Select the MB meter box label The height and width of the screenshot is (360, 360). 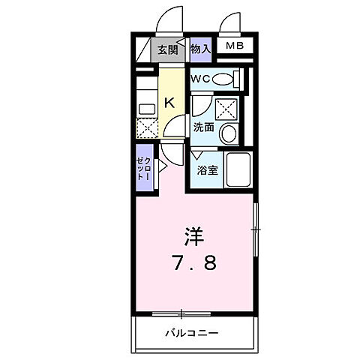coord(235,46)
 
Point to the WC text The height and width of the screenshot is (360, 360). coord(199,79)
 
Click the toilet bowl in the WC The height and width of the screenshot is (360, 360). coord(224,79)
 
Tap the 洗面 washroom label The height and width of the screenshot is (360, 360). coord(203,127)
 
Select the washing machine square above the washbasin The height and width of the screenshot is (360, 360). coord(226,109)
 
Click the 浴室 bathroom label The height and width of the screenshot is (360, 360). coord(207,170)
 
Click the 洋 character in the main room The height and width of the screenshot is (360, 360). coord(193,235)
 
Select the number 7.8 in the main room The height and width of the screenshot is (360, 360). coord(193,263)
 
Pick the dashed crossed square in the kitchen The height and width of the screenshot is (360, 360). coord(146,127)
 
